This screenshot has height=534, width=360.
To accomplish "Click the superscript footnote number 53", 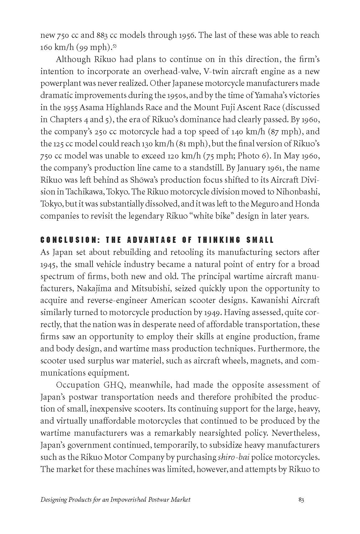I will click(x=114, y=46).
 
